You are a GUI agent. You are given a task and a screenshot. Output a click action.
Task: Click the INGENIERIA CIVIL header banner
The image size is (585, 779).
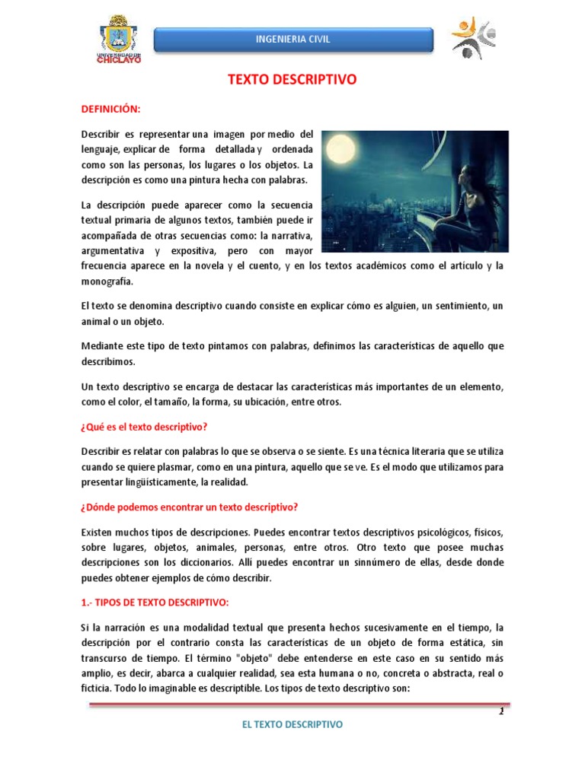click(x=293, y=40)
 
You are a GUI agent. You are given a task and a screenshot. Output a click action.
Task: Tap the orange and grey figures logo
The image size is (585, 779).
click(x=472, y=37)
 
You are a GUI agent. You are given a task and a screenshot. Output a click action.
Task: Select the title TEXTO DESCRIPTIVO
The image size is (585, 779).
click(x=292, y=79)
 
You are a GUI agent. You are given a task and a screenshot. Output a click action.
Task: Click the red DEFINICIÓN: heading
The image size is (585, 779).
click(x=111, y=110)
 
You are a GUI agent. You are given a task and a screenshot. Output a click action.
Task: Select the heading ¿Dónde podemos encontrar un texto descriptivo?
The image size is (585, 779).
click(x=190, y=507)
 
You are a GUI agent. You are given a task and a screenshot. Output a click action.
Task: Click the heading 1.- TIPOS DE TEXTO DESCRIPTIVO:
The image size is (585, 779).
click(x=155, y=603)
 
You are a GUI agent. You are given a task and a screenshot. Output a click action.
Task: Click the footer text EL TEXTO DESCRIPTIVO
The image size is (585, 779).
click(x=292, y=724)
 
